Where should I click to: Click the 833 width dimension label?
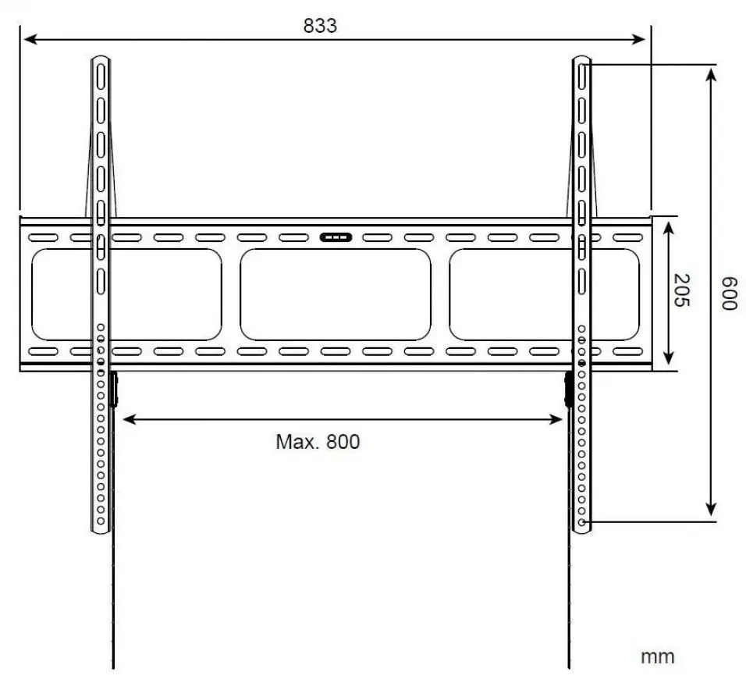(320, 25)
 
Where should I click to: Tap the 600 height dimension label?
(727, 293)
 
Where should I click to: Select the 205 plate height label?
(681, 290)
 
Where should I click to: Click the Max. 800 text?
(318, 442)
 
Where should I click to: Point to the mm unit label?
(657, 656)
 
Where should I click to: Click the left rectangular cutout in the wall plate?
(126, 294)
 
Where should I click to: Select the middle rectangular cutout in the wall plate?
(336, 294)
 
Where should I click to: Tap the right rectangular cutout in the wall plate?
(544, 294)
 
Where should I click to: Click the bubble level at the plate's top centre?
(336, 237)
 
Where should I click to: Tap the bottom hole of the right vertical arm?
(582, 521)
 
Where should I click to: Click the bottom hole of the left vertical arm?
(101, 521)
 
